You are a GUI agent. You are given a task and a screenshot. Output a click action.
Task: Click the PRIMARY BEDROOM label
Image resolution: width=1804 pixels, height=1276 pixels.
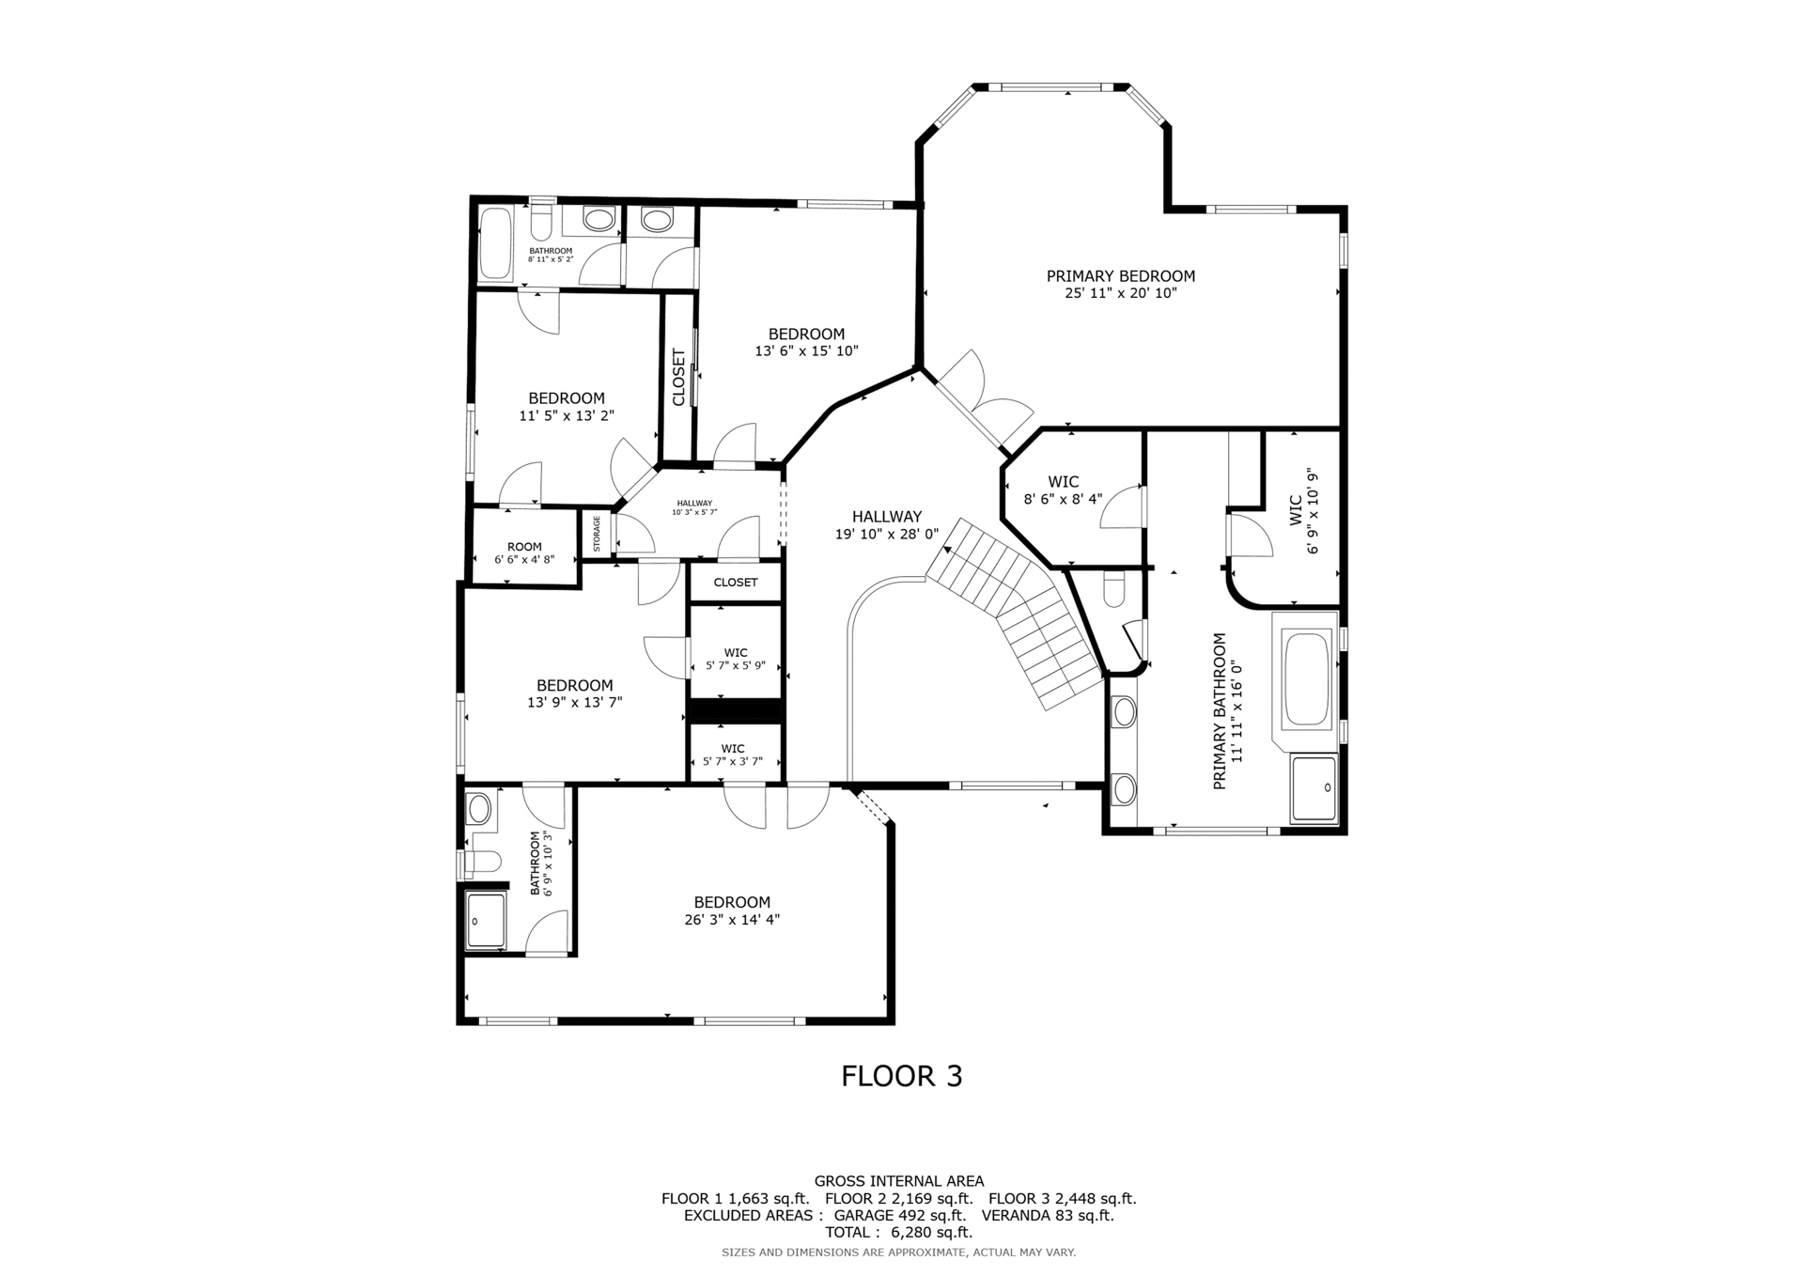click(x=1121, y=276)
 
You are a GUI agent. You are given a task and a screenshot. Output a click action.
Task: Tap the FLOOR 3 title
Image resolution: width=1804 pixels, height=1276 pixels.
click(x=902, y=1076)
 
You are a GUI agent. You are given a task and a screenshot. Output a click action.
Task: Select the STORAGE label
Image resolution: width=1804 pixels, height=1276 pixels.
click(x=597, y=534)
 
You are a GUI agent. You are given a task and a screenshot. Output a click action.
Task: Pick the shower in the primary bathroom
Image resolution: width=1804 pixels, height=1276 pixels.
click(x=1314, y=787)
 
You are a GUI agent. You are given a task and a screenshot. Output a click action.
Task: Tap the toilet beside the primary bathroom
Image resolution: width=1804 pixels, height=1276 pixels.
click(x=1113, y=589)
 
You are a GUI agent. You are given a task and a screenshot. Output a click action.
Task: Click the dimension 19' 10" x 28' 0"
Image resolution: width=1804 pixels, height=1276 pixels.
click(x=887, y=535)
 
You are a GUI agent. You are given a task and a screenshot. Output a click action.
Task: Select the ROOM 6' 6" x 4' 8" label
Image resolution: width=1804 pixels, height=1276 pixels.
click(x=524, y=552)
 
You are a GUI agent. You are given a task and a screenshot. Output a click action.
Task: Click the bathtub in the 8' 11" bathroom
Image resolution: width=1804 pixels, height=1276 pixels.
click(x=495, y=243)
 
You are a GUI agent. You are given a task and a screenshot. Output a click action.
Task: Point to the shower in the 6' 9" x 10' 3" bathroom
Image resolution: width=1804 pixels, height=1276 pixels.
click(x=487, y=921)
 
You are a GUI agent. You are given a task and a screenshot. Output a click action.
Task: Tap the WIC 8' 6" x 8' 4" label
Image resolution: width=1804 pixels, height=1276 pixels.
click(x=1063, y=490)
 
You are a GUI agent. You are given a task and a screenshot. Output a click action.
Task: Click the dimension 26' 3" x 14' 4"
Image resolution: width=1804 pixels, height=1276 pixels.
click(x=732, y=920)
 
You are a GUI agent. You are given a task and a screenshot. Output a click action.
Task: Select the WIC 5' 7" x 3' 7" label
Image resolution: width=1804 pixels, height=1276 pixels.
click(x=733, y=755)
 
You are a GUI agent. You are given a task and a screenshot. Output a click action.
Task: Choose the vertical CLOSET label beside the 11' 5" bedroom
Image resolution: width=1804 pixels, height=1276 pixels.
click(x=678, y=378)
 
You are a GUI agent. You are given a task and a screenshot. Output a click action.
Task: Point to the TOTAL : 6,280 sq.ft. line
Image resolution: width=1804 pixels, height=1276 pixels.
click(x=899, y=1232)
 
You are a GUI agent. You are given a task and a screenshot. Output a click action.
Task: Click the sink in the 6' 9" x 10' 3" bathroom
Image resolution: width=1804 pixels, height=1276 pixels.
click(x=479, y=807)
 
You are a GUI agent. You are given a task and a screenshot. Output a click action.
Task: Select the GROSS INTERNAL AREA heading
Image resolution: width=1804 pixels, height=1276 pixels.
click(x=899, y=1181)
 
